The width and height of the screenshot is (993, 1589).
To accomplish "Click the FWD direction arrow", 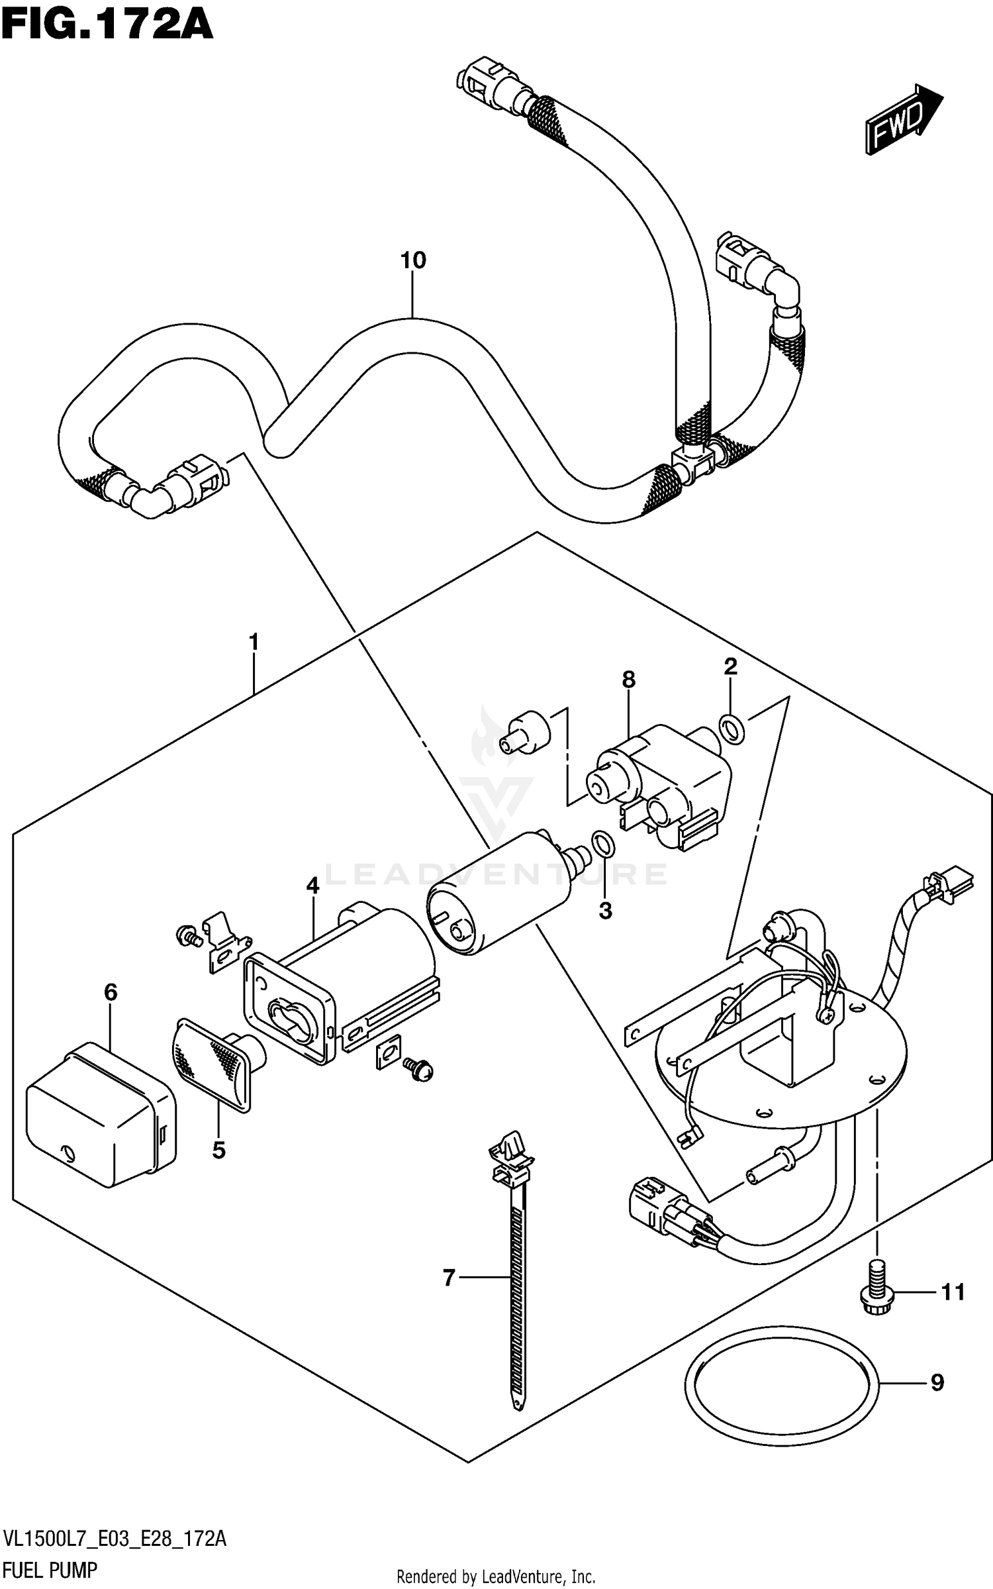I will tap(903, 119).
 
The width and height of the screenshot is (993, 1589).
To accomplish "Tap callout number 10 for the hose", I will tap(412, 260).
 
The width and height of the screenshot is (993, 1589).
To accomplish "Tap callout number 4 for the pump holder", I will tap(312, 885).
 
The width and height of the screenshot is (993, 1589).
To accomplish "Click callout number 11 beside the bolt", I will tap(953, 1292).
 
